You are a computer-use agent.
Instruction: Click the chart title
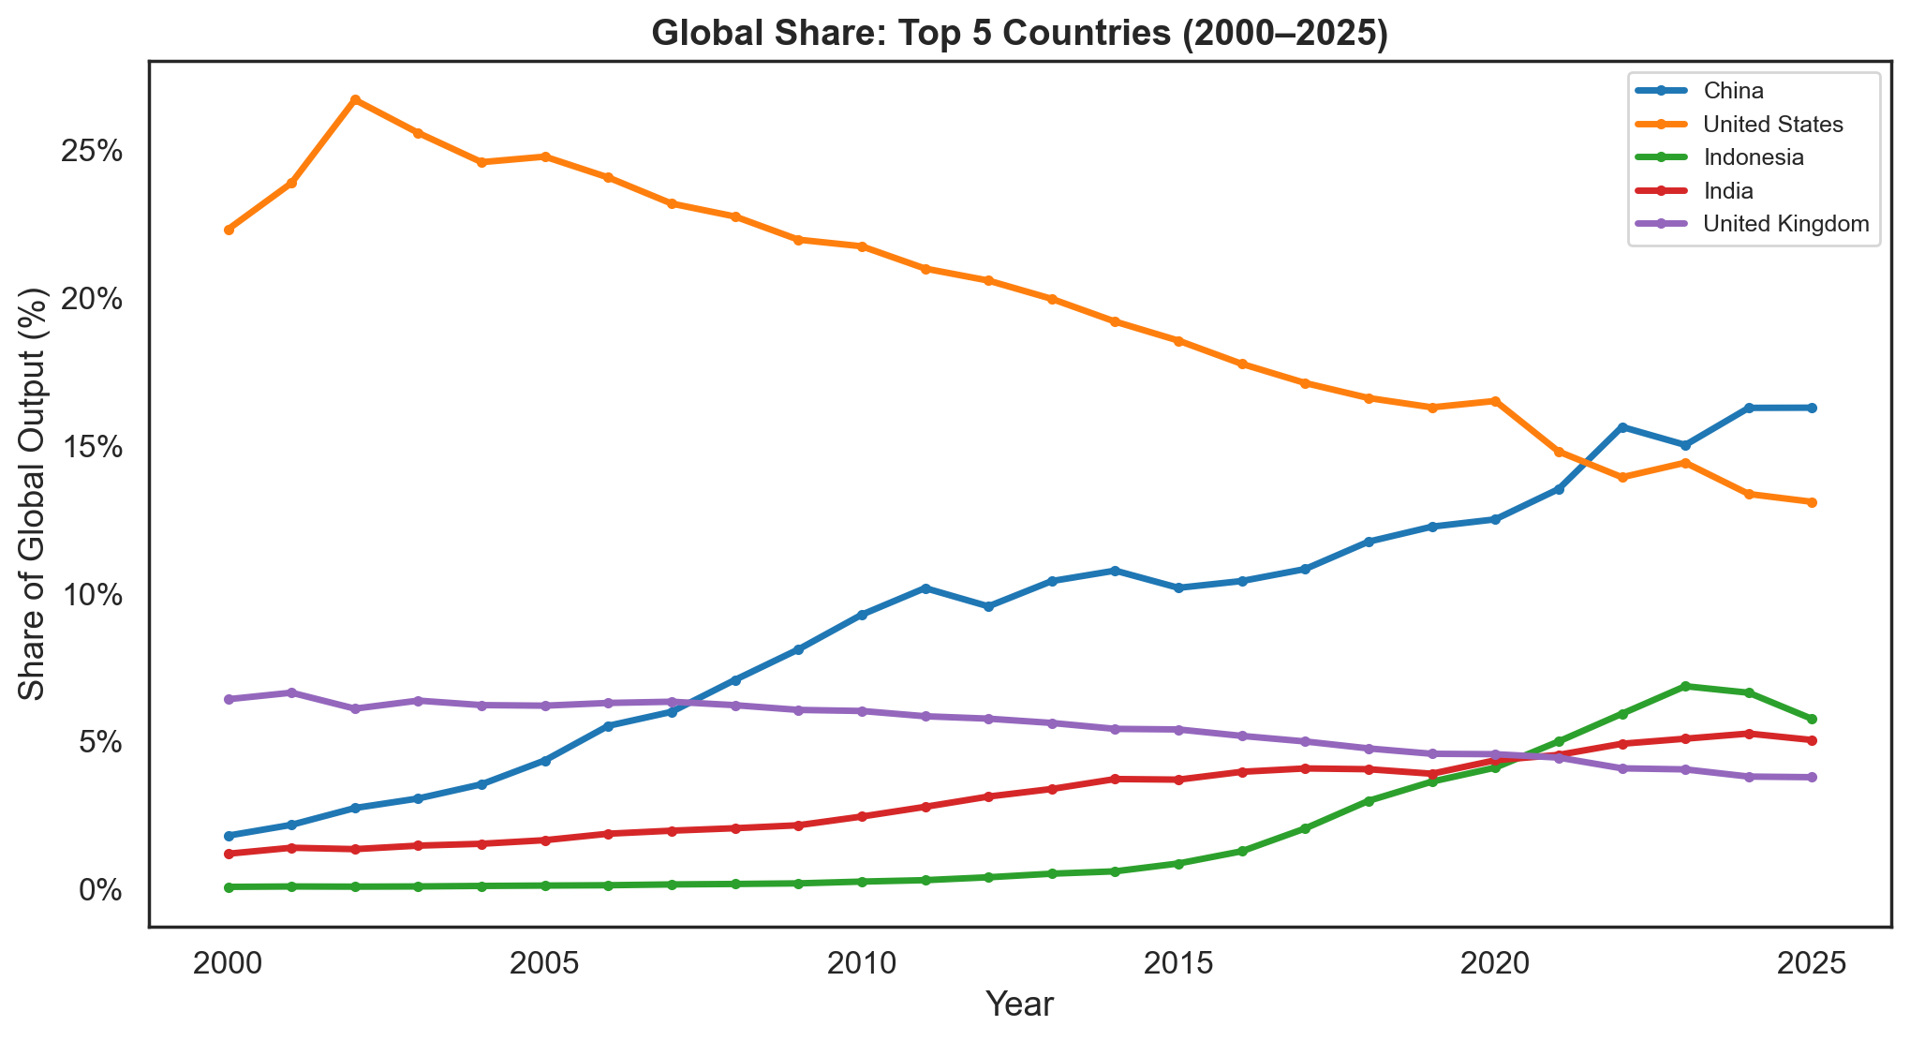[1019, 33]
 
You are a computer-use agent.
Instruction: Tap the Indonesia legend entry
[1754, 157]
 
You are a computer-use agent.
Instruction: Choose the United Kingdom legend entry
[1786, 224]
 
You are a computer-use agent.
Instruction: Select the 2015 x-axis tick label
[1178, 963]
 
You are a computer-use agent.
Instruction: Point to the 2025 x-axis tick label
[1812, 963]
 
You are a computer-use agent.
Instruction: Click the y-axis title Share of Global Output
[33, 495]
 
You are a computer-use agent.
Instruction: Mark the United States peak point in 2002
[355, 99]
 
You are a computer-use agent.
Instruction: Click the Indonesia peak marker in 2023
[1685, 686]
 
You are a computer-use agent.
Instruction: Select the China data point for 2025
[1812, 408]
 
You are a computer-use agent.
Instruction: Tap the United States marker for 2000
[229, 230]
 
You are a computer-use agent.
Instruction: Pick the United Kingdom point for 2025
[1812, 777]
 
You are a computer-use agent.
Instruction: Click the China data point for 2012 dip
[988, 606]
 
